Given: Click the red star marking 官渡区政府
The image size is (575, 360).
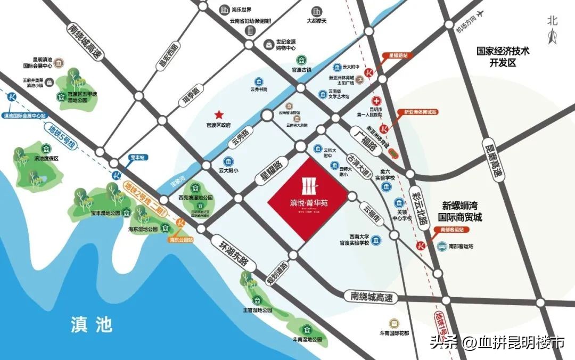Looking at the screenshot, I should pos(218,114).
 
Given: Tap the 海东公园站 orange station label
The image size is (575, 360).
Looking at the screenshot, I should pos(181,240).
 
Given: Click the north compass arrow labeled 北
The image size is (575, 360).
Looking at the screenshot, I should pos(553,35).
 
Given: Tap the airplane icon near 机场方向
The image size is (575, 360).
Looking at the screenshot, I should pos(481,14).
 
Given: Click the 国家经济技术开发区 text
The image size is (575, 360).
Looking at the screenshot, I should pos(503,57).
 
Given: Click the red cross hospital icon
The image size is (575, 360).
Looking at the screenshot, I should pos(376,101).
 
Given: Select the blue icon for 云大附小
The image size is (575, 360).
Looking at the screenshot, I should pos(228,161).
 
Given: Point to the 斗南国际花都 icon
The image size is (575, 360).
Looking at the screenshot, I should pos(393,323).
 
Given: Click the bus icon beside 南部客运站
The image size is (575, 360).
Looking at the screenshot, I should pos(441,247).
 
